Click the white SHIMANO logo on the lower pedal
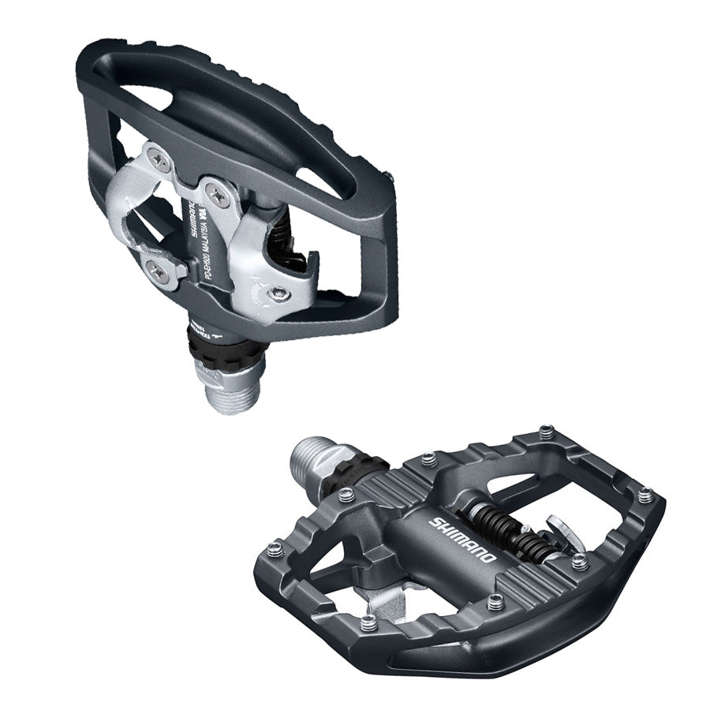pos(463,540)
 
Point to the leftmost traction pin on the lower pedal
pos(275,550)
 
